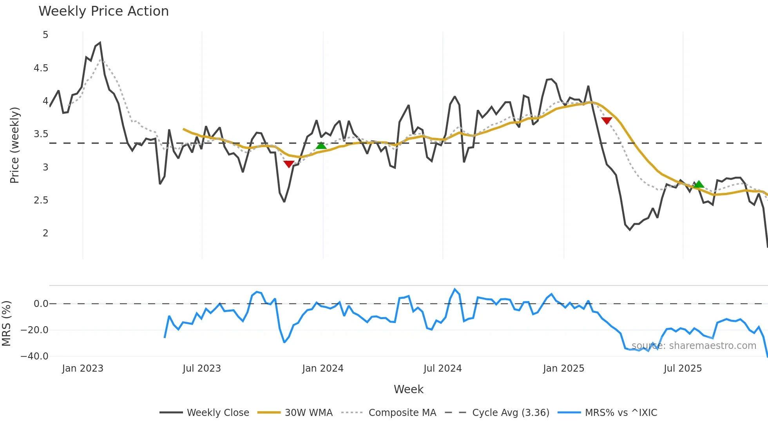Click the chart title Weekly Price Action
[x=103, y=11]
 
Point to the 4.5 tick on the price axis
[x=41, y=68]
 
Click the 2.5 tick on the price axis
[x=41, y=200]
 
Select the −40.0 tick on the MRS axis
[x=34, y=356]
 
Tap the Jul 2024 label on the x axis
[x=442, y=368]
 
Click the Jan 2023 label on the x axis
[x=83, y=368]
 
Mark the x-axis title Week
[x=408, y=389]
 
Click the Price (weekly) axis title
[x=14, y=145]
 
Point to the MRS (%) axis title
[x=6, y=323]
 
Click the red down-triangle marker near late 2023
[x=289, y=164]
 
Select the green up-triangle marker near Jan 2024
[x=321, y=145]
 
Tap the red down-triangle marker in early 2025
[x=607, y=120]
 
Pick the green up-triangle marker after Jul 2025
[x=699, y=184]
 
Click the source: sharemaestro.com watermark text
[x=694, y=346]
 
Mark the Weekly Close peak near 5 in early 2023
[x=100, y=43]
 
